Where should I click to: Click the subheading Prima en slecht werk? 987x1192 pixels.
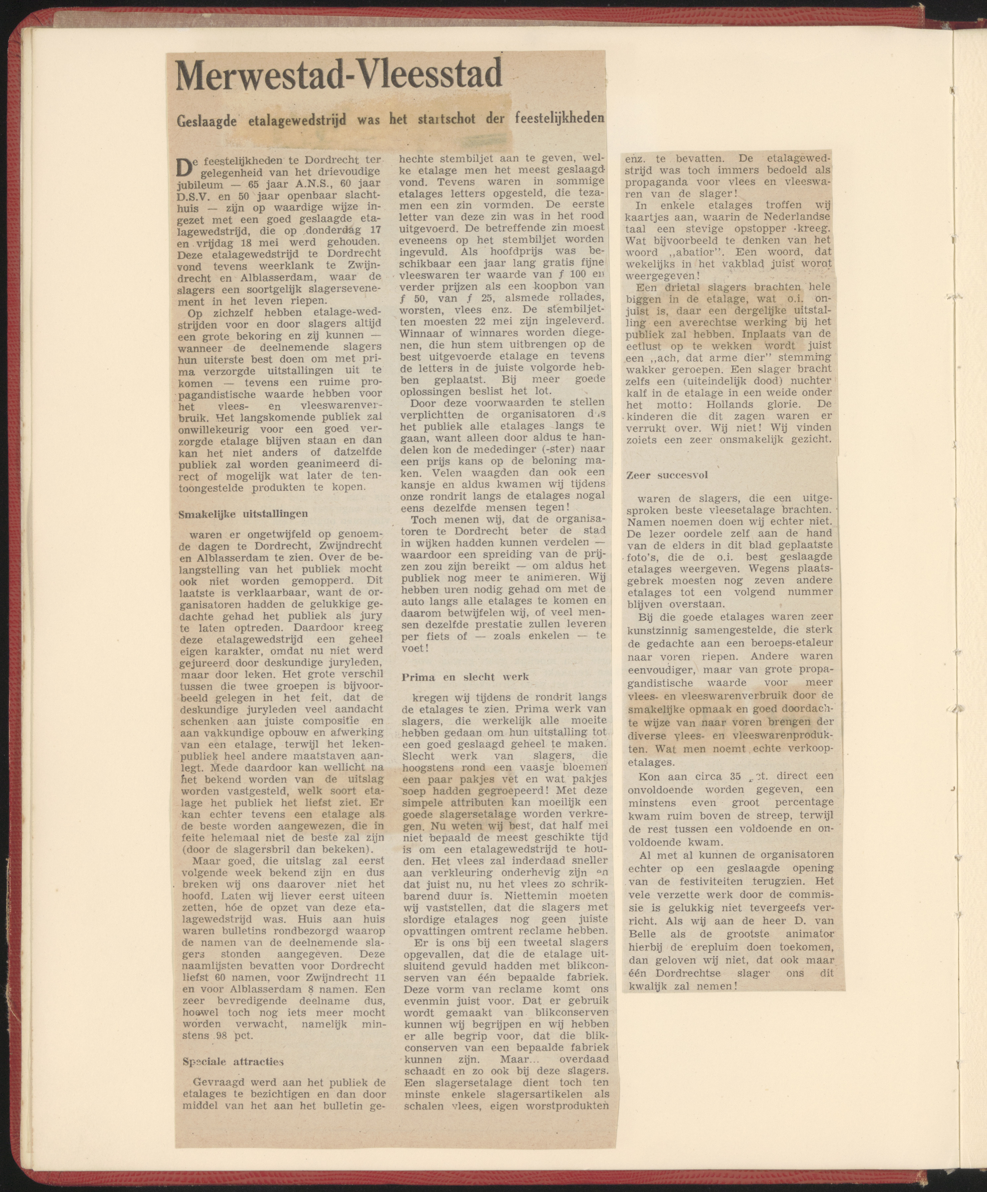tap(465, 677)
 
